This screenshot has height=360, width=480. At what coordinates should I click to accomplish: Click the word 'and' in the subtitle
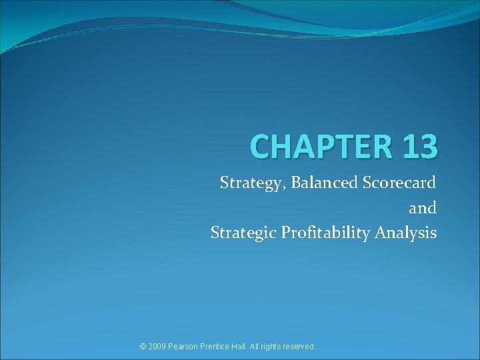pyautogui.click(x=423, y=207)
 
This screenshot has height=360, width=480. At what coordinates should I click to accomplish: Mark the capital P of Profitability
pyautogui.click(x=285, y=232)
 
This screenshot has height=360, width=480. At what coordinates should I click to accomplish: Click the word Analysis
pyautogui.click(x=406, y=233)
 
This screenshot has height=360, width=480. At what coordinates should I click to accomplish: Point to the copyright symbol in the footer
pyautogui.click(x=143, y=347)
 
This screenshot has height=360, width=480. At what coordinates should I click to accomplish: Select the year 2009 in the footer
pyautogui.click(x=159, y=347)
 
